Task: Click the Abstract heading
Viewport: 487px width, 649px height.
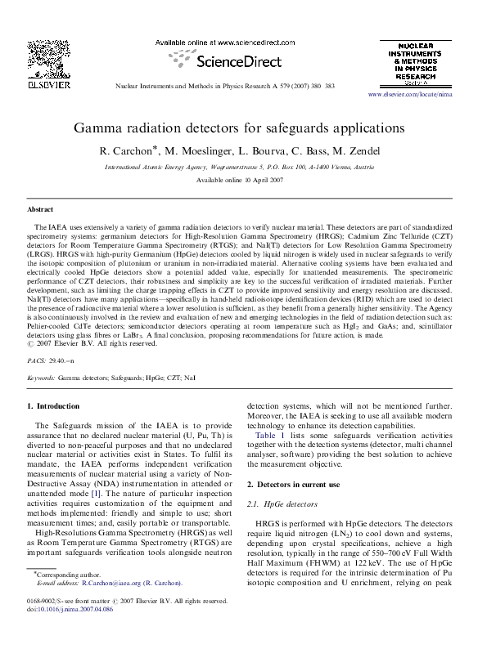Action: [40, 209]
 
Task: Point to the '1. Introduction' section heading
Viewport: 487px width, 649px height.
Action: [52, 406]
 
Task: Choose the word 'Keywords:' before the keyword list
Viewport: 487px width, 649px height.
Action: [41, 379]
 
